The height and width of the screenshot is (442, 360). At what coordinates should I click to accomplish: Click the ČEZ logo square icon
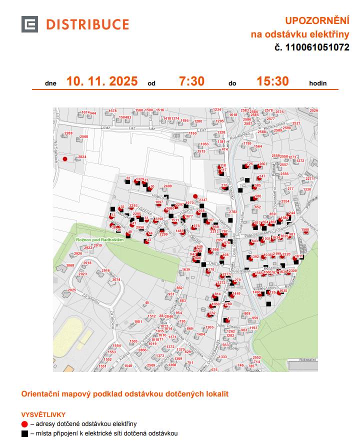click(x=29, y=24)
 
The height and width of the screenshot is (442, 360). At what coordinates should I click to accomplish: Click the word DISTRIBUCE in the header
click(x=87, y=24)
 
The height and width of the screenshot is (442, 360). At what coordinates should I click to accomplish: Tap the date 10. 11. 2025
click(x=101, y=81)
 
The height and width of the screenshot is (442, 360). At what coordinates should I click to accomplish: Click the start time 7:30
click(x=191, y=81)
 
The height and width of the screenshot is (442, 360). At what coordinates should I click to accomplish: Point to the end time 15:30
click(x=272, y=81)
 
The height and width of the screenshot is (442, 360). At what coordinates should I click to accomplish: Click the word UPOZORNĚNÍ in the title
click(x=316, y=21)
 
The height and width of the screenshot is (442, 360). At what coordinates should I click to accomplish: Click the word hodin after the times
click(x=318, y=83)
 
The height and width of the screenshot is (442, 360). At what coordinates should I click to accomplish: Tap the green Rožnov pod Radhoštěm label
click(x=96, y=240)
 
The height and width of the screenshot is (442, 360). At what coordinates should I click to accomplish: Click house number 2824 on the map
click(x=82, y=157)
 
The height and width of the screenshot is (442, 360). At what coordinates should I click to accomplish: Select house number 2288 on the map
click(x=68, y=133)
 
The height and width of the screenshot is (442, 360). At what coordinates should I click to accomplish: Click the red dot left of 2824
click(x=65, y=159)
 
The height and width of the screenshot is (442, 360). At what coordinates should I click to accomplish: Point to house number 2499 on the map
click(x=167, y=186)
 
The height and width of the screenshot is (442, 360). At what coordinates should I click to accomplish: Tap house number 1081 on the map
click(x=138, y=322)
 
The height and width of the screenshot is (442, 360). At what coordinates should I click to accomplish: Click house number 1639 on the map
click(x=186, y=270)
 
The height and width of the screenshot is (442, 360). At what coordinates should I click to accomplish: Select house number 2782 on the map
click(x=233, y=212)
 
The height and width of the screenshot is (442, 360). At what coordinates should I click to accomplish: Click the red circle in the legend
click(x=25, y=424)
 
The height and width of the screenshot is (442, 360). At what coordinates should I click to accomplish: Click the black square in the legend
click(x=25, y=433)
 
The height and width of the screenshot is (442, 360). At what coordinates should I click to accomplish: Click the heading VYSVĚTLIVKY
click(x=43, y=414)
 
